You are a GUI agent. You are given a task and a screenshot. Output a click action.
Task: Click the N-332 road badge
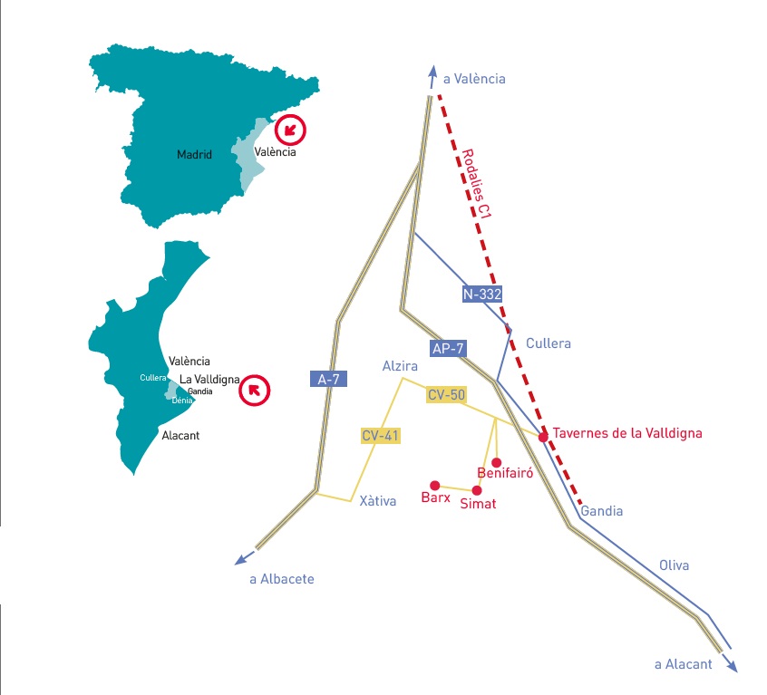click(481, 294)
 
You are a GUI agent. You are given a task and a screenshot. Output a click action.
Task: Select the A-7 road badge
click(327, 380)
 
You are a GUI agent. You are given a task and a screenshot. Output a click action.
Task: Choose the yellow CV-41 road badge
click(380, 436)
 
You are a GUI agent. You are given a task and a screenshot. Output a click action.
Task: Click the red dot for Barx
click(435, 485)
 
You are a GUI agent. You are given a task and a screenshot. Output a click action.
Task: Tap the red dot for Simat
click(477, 490)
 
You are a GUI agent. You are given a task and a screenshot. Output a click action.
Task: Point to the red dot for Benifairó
click(496, 462)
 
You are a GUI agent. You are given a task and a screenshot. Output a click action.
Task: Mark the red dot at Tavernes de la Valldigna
click(543, 437)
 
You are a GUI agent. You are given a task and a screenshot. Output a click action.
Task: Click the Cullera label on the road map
click(549, 343)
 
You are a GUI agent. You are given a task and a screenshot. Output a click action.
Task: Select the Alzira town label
click(399, 366)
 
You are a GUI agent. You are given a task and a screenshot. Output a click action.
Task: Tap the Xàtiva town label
click(378, 501)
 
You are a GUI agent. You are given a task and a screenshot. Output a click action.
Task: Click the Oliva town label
click(674, 565)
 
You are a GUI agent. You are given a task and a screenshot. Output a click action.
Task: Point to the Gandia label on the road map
click(602, 511)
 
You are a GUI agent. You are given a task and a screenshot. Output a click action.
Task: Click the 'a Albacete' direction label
click(282, 578)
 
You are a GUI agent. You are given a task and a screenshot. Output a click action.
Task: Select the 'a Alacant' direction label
click(684, 664)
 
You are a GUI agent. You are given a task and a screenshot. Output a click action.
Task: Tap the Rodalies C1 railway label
click(476, 185)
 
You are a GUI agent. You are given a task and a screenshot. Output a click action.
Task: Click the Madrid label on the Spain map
click(194, 155)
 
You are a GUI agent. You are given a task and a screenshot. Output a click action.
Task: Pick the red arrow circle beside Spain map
click(290, 130)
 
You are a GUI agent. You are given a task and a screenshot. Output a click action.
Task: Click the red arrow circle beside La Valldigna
click(254, 391)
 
